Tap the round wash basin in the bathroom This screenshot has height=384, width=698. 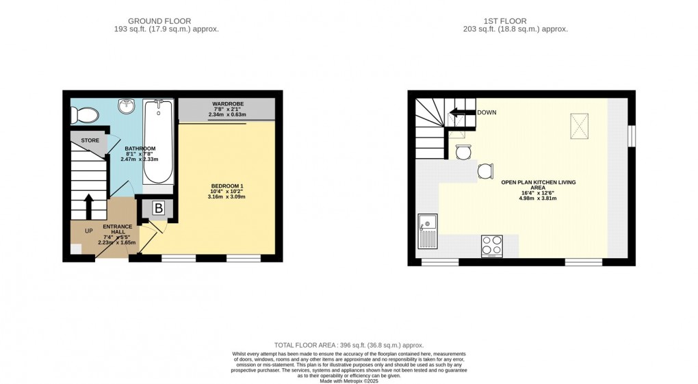coord(126,105)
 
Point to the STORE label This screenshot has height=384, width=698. coord(90,140)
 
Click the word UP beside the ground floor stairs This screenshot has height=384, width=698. coord(88,231)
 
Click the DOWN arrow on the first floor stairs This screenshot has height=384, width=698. coord(462,114)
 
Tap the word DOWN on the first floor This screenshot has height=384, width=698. coord(487,112)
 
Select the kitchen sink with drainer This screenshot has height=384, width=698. coord(428,231)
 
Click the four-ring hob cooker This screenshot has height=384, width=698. coord(492,245)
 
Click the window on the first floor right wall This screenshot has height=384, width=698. coord(631,135)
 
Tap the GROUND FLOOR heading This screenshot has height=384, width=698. coord(159,21)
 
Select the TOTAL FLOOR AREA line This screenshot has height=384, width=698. coord(348,345)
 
